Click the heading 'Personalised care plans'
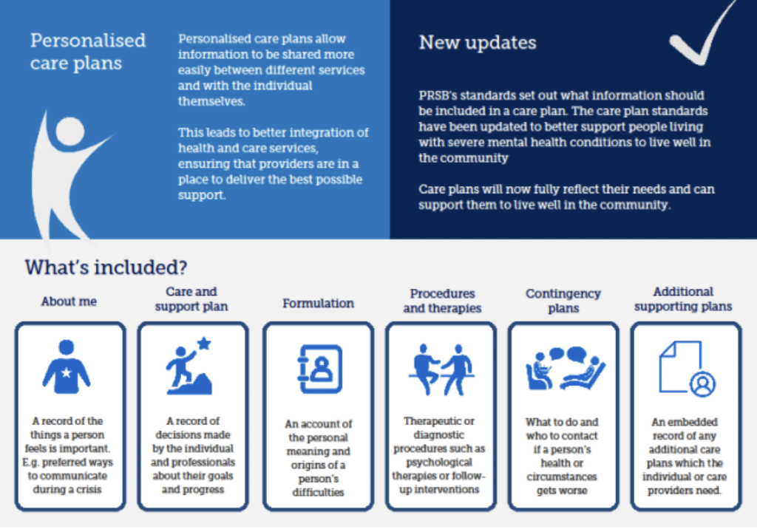coord(87,51)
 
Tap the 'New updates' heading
coord(477,42)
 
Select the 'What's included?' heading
coord(106,267)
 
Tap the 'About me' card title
coord(69,301)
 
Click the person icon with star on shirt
coord(67,367)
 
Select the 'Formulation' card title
coord(318,303)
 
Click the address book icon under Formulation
coord(319,368)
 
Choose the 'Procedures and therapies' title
coord(442,301)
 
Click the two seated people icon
coord(441,369)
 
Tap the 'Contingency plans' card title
coord(563,301)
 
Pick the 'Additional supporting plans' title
coord(683,298)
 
